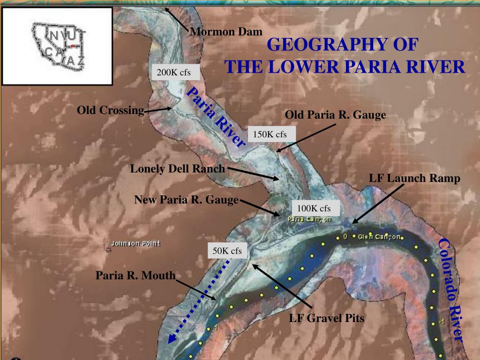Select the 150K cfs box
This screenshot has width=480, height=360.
270,135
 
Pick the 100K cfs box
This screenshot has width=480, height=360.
314,208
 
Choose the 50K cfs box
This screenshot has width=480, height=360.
227,251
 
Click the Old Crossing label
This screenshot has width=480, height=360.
110,111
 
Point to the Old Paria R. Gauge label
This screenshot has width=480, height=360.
335,115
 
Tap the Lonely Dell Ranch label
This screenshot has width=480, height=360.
178,169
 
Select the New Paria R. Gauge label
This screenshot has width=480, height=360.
187,200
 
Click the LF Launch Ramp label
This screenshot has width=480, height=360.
414,178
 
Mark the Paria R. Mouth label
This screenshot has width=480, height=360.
135,275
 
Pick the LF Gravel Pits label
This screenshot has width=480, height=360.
326,319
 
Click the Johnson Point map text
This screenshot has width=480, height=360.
136,243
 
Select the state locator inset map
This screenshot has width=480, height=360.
57,45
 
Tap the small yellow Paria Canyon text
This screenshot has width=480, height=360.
309,219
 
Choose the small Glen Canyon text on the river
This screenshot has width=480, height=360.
380,236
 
